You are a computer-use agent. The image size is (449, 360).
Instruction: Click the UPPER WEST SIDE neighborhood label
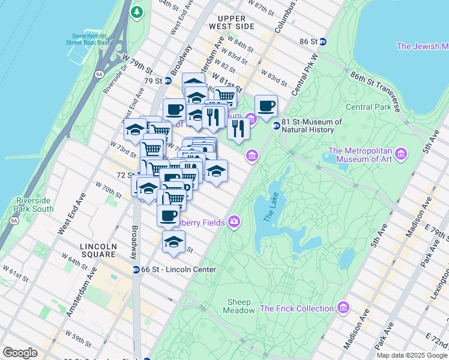(236, 22)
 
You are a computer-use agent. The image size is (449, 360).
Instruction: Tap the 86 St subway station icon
(324, 41)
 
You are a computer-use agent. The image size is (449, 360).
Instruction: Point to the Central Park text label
(368, 107)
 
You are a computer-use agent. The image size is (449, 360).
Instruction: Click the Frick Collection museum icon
(343, 308)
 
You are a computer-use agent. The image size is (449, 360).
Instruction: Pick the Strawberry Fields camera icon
(234, 223)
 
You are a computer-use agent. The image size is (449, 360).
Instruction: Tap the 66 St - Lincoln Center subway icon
(136, 270)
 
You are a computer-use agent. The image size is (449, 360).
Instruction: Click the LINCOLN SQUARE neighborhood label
(98, 251)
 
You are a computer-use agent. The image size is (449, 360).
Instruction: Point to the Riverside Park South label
(34, 205)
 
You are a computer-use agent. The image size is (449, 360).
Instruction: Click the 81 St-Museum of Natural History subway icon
(276, 126)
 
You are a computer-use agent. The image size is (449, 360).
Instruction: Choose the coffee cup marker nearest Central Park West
(266, 106)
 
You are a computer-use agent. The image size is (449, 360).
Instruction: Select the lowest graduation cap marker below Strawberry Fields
(173, 241)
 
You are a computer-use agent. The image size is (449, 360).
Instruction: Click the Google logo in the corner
(20, 353)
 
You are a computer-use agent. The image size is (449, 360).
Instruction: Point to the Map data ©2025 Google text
(411, 355)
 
